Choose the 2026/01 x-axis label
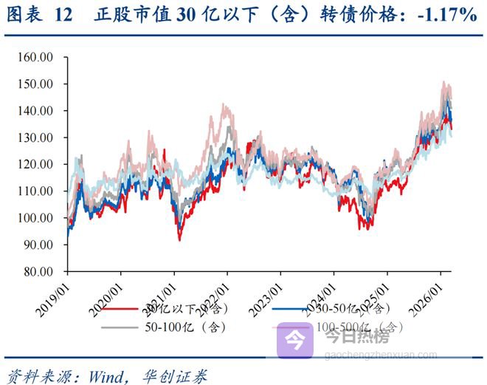[425, 290]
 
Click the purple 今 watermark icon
[294, 340]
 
